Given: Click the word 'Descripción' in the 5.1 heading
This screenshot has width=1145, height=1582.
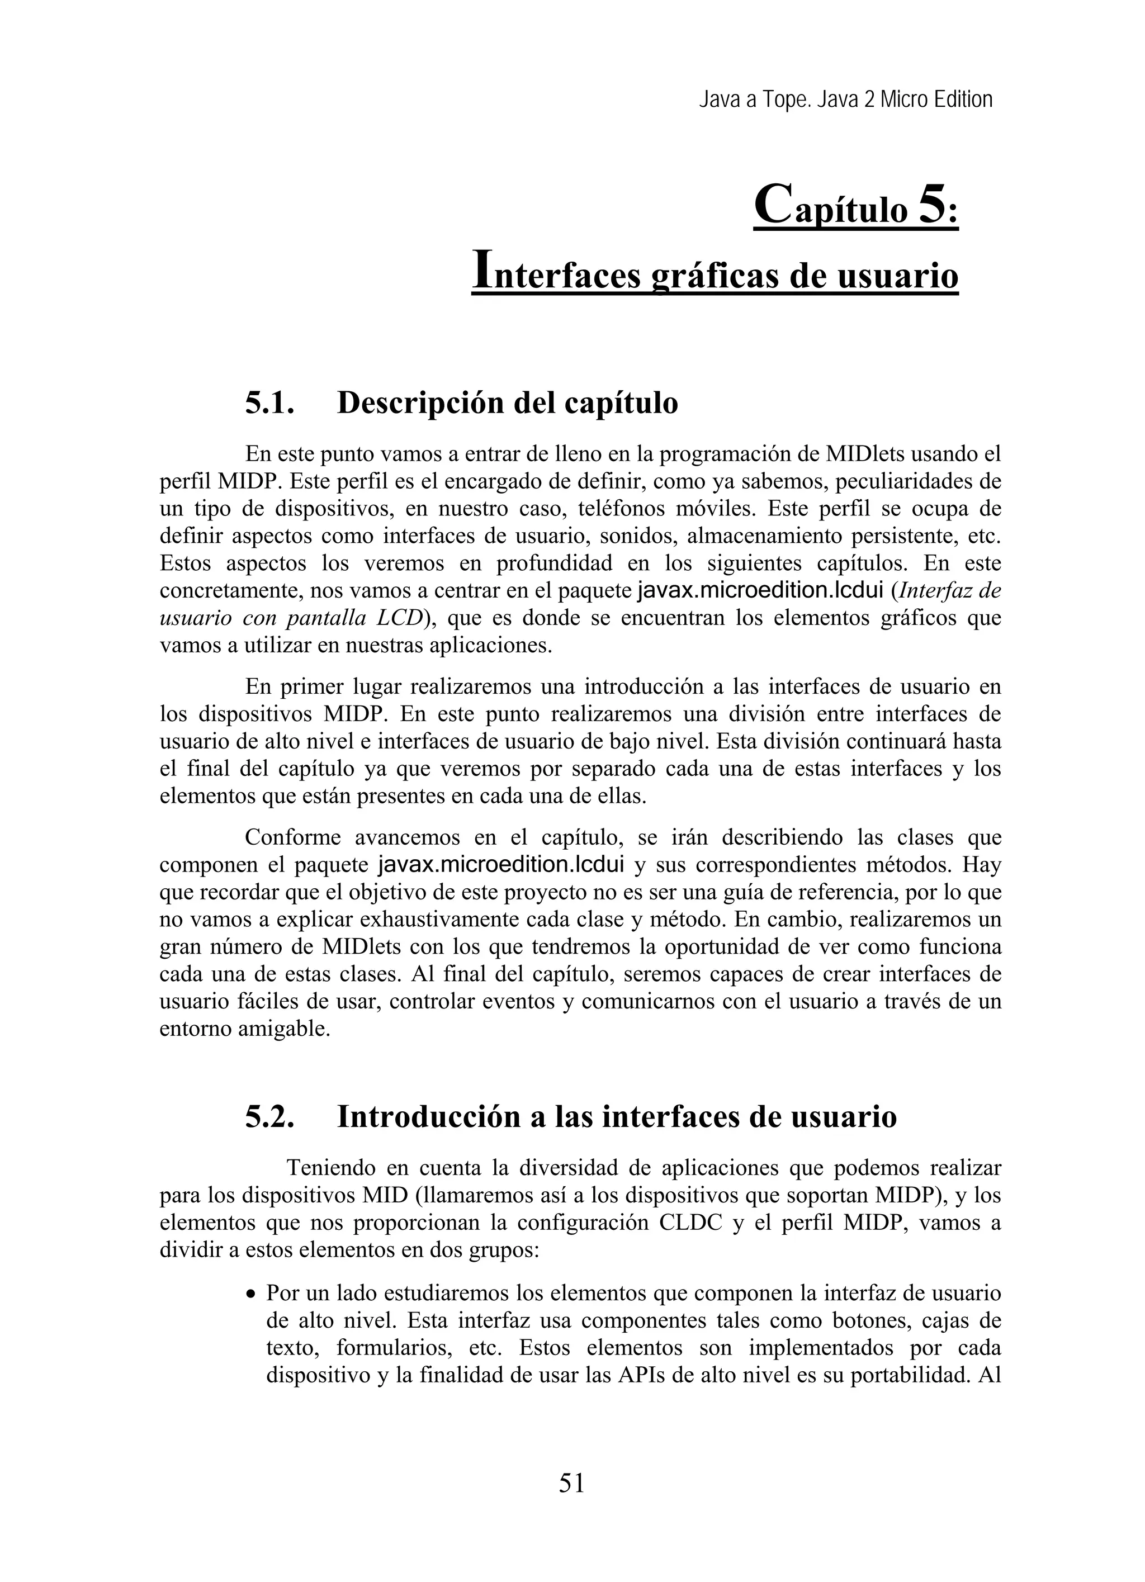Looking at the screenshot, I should pos(419,403).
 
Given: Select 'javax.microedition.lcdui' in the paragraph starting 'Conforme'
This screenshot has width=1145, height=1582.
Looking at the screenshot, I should pos(500,865).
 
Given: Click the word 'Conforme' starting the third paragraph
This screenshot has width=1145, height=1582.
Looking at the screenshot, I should pos(293,837).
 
